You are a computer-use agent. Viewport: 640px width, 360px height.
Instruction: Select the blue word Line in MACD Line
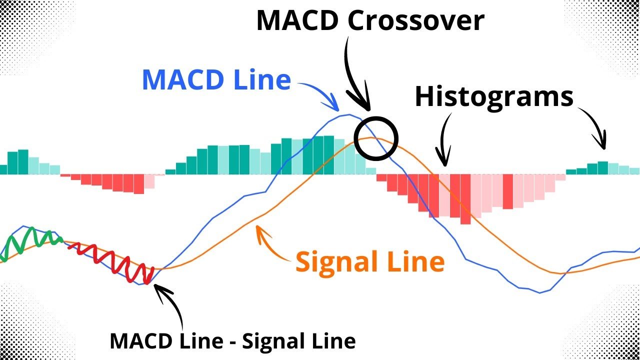coord(263,80)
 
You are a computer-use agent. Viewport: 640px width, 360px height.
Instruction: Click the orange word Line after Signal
coord(419,262)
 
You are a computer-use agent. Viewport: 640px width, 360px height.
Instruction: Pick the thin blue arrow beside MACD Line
coord(320,92)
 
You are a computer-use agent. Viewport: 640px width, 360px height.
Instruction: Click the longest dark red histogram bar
coord(465,199)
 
